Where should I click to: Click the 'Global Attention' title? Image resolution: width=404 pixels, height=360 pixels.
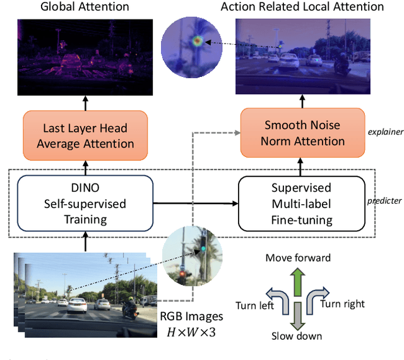click(85, 7)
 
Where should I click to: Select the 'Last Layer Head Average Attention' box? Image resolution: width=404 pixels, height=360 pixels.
click(85, 136)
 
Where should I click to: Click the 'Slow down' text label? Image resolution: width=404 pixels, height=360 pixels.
click(297, 336)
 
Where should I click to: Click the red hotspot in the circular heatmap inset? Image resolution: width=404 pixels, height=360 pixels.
click(197, 41)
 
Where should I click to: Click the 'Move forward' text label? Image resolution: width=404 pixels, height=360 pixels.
click(298, 257)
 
